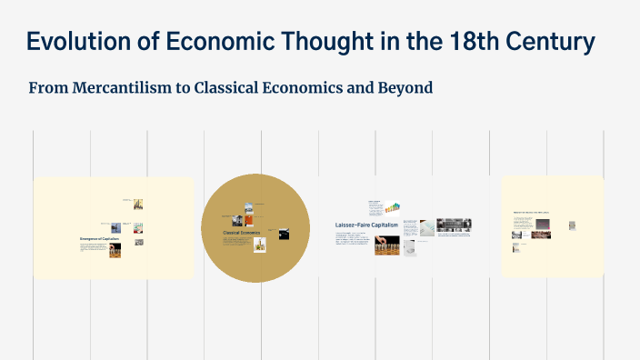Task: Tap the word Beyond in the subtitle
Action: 405,88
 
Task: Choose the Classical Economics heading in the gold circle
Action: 242,233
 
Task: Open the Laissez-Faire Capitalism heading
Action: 367,224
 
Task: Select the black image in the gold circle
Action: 285,234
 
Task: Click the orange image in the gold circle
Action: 249,220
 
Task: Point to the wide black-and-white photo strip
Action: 453,225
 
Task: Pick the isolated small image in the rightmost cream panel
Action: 572,225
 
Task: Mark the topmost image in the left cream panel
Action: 138,204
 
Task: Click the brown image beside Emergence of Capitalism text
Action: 115,250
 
